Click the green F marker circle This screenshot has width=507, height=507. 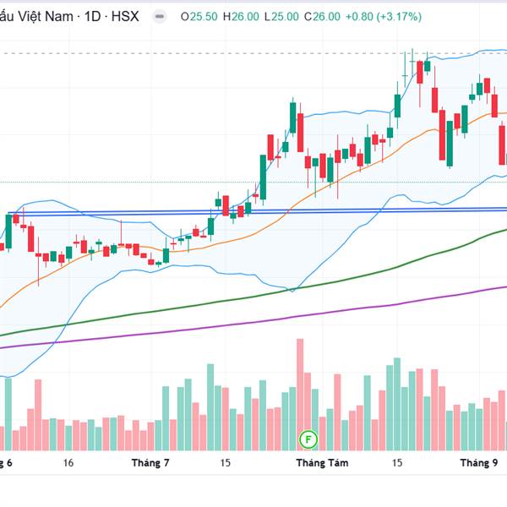coord(309,439)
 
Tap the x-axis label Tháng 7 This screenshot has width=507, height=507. coord(150,463)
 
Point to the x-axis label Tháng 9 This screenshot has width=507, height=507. coord(478,463)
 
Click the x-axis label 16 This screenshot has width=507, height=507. coord(68,463)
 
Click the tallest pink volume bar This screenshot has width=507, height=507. coord(299,394)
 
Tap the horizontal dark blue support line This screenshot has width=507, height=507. coord(127,213)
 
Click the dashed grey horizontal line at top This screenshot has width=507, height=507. coord(211,54)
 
